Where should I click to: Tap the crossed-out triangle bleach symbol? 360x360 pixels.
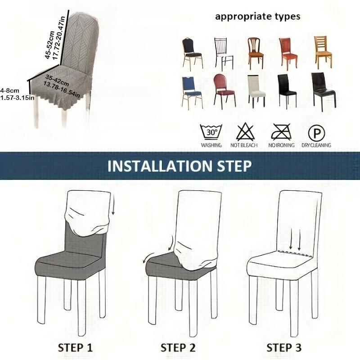pyautogui.click(x=245, y=132)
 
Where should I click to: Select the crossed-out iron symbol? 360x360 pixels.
pyautogui.click(x=281, y=132)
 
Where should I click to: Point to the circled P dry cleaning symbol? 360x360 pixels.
pyautogui.click(x=316, y=133)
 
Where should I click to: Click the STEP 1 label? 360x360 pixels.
pyautogui.click(x=75, y=347)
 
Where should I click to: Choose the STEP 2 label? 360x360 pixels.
pyautogui.click(x=178, y=347)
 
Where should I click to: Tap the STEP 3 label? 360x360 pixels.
pyautogui.click(x=284, y=347)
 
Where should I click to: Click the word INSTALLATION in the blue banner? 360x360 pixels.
pyautogui.click(x=160, y=166)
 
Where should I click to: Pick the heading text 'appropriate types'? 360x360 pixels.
pyautogui.click(x=257, y=17)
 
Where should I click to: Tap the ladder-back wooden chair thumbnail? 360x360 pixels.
pyautogui.click(x=323, y=52)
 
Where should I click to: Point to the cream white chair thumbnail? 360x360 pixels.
pyautogui.click(x=256, y=91)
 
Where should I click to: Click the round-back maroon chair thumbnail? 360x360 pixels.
pyautogui.click(x=224, y=91)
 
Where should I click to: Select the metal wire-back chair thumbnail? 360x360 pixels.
pyautogui.click(x=224, y=54)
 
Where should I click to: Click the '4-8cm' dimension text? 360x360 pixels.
pyautogui.click(x=10, y=90)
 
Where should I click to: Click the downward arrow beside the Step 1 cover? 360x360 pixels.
pyautogui.click(x=112, y=204)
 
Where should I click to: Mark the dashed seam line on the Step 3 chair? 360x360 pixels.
pyautogui.click(x=295, y=254)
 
